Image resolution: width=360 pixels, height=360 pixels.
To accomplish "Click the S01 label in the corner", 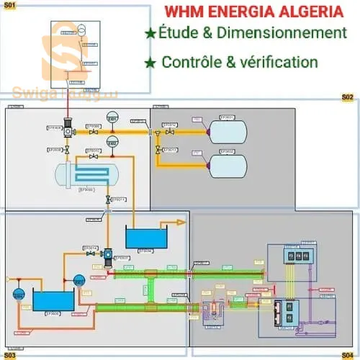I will click(x=10, y=5).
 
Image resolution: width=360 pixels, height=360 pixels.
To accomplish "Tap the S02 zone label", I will click(x=347, y=96).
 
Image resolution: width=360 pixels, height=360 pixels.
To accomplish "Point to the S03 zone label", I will click(x=11, y=354).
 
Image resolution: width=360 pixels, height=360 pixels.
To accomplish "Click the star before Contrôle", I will click(x=150, y=63).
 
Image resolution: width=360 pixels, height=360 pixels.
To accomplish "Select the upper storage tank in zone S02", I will click(x=227, y=131).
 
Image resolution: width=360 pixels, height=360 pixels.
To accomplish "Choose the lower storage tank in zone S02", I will click(x=227, y=166).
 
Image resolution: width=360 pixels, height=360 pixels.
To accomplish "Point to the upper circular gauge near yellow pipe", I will click(x=112, y=119).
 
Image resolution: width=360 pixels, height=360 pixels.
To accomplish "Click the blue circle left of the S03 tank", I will click(x=19, y=293).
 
